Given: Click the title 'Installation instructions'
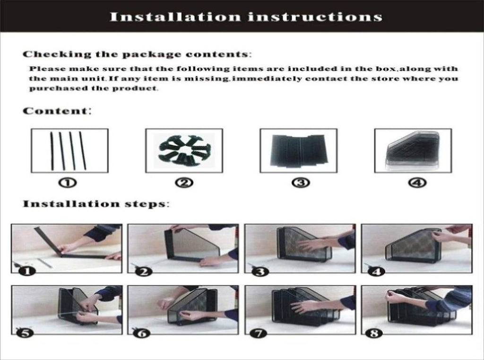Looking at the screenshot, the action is point(246,17).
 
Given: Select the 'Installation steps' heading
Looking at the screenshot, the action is point(95,203).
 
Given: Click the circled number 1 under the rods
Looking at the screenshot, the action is point(70,183).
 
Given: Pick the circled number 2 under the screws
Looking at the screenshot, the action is point(184,183).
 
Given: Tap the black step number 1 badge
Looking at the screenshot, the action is point(26,272).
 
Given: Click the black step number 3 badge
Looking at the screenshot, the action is point(260,272).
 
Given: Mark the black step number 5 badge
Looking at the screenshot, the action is point(26,333).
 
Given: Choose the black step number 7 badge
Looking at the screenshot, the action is point(260,333).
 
